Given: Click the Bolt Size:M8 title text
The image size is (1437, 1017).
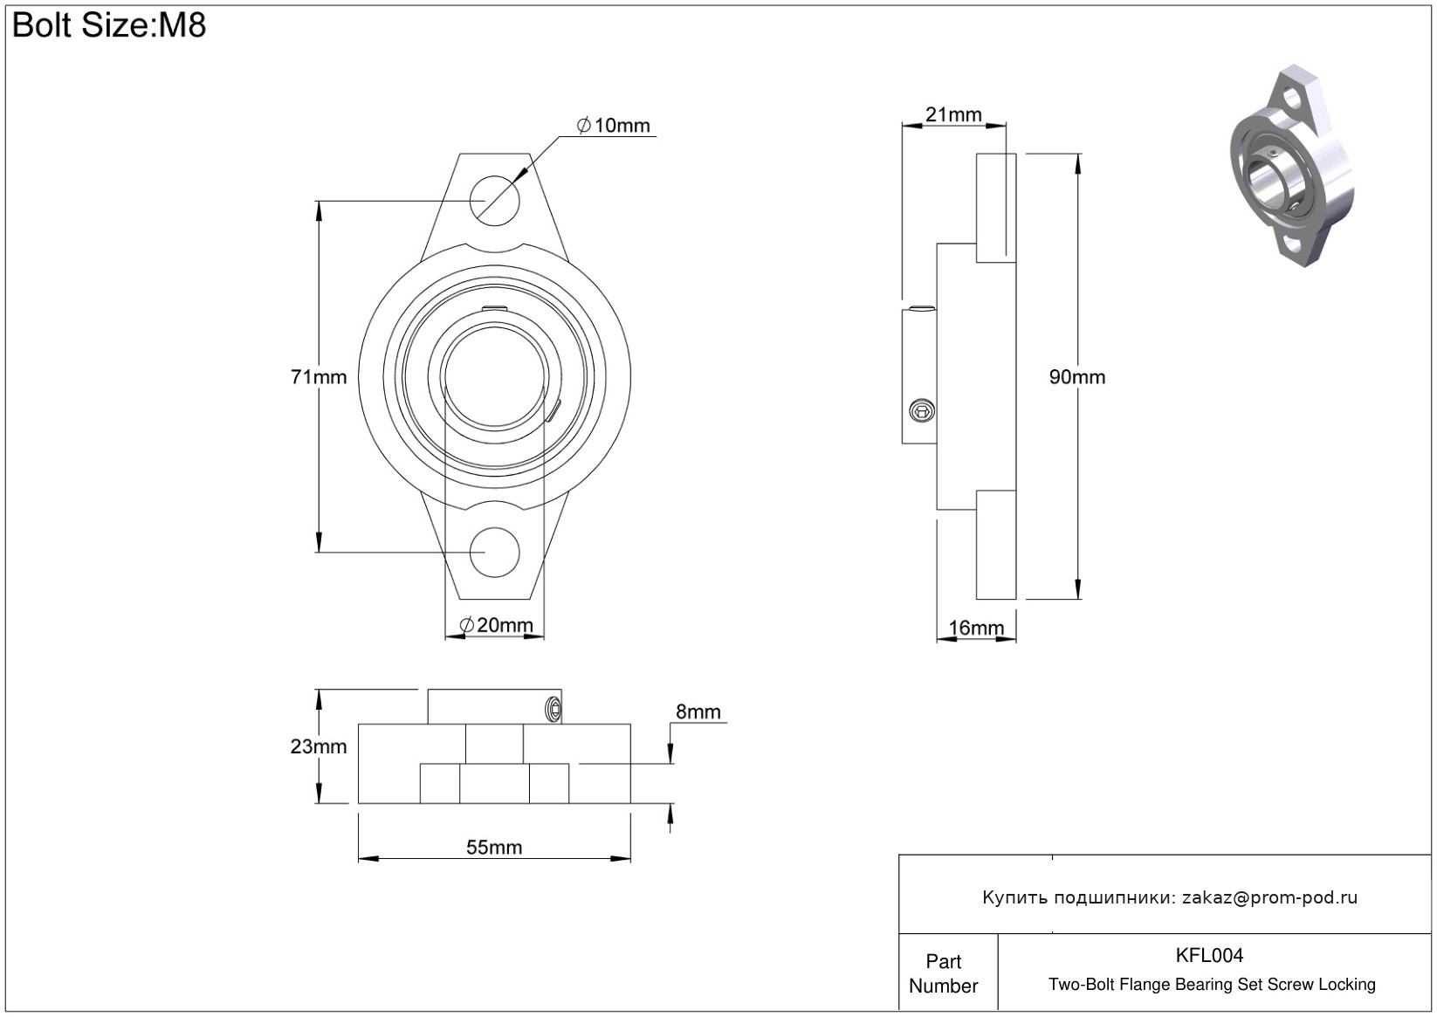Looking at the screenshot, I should click(x=109, y=25).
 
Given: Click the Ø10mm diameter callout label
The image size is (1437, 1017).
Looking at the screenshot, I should click(x=614, y=126).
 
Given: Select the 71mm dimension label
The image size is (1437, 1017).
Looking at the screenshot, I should click(x=318, y=377).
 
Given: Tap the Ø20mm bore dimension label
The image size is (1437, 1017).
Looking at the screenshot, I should click(x=496, y=625).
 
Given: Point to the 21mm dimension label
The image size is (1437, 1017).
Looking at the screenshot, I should click(x=953, y=114).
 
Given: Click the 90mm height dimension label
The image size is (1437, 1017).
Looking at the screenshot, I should click(x=1076, y=377).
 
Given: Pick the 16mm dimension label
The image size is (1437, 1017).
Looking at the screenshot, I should click(x=976, y=628).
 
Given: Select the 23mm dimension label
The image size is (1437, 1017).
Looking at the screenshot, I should click(x=318, y=746).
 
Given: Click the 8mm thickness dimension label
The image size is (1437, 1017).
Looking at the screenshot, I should click(x=698, y=712).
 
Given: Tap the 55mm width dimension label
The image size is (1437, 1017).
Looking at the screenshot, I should click(x=494, y=848).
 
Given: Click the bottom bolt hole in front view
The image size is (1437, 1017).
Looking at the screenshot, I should click(x=495, y=552).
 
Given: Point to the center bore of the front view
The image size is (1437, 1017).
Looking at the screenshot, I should click(x=495, y=377).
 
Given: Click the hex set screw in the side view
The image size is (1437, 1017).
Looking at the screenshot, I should click(x=920, y=409).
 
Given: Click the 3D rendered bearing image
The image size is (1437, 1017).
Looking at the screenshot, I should click(x=1292, y=166).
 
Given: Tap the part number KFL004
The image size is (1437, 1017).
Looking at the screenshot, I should click(x=1209, y=955).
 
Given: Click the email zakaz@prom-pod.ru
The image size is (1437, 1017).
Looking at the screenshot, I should click(x=1269, y=897).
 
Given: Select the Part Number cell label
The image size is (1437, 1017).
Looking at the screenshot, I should click(x=944, y=973).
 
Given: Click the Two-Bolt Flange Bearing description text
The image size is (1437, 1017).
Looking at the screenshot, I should click(x=1212, y=985).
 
